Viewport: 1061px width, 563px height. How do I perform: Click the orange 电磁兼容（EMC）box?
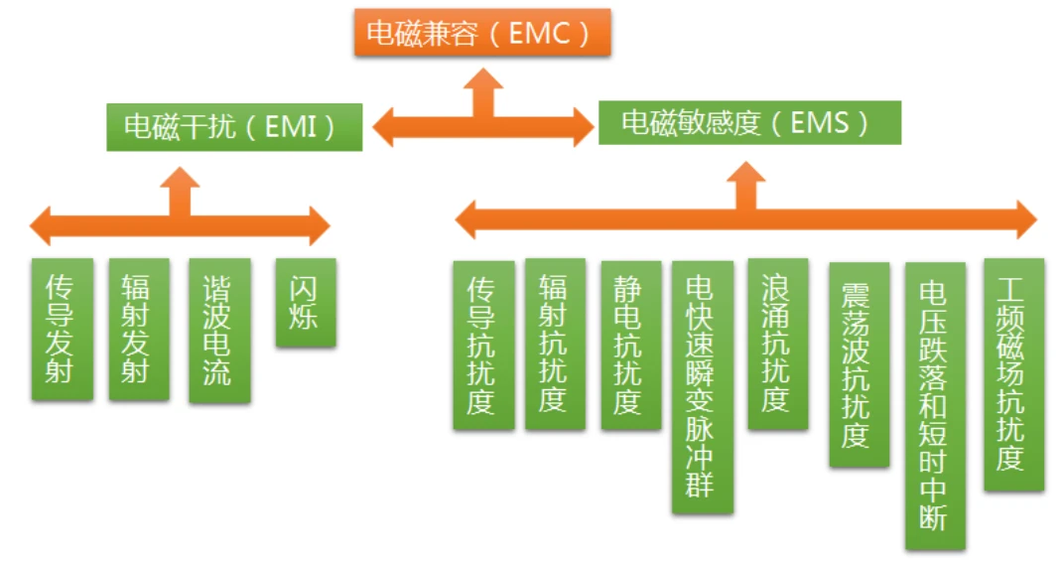pos(481,32)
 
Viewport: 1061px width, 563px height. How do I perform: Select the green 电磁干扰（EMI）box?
pos(234,127)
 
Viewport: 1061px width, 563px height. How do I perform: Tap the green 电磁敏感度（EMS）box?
pos(749,122)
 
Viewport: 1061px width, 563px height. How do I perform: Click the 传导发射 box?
pos(62,329)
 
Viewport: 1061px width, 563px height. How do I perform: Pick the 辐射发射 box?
pos(139,329)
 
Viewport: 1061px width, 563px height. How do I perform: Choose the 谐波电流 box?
pos(218,331)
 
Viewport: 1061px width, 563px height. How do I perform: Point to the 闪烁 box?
pos(305,302)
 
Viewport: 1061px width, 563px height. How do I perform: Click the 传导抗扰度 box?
pos(483,345)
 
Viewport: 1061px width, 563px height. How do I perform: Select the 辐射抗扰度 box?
pos(555,344)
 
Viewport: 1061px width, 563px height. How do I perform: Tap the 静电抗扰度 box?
pos(630,345)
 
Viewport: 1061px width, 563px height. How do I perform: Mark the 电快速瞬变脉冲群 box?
pos(702,386)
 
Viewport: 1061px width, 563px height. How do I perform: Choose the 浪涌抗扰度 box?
pos(777,344)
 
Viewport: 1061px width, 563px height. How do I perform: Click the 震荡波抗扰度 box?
pos(859,363)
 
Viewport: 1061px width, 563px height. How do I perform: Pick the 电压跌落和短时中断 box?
pos(934,405)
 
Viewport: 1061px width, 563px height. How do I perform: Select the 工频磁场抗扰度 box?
pos(1013,373)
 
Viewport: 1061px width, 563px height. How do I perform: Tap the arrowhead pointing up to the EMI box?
pos(180,180)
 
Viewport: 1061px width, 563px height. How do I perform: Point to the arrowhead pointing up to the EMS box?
pos(744,176)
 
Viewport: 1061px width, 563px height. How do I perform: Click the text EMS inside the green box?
pos(820,122)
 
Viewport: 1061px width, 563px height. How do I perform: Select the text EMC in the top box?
pos(540,33)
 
